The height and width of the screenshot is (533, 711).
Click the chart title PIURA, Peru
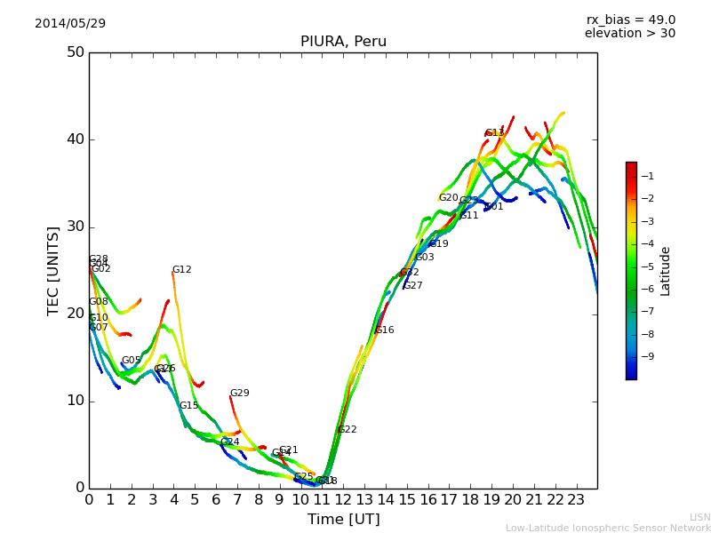point(343,42)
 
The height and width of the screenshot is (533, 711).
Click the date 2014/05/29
point(70,24)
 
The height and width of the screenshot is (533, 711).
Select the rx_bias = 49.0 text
point(630,20)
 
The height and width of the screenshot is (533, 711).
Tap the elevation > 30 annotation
point(630,34)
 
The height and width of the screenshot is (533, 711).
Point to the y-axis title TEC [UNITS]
point(53,270)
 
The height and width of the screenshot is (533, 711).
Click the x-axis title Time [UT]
point(343,520)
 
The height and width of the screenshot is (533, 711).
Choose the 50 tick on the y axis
point(75,52)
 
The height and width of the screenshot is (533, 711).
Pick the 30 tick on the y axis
point(75,227)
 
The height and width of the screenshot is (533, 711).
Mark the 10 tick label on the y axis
point(75,401)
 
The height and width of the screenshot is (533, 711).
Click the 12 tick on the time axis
point(343,499)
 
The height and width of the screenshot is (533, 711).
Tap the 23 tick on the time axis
point(576,499)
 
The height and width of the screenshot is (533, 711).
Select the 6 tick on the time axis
point(216,499)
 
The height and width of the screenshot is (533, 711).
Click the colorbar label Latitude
point(666,271)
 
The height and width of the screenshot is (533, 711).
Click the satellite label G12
point(182,270)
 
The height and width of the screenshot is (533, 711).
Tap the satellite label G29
point(240,394)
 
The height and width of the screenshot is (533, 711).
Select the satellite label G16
point(385,330)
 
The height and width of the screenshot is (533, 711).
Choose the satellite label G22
point(348,430)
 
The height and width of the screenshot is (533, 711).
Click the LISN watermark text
point(700,517)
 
